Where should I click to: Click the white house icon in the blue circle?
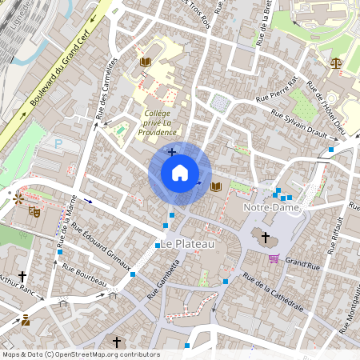tap(179, 173)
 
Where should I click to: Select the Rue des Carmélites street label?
tap(106, 88)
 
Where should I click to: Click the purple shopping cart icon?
tap(274, 258)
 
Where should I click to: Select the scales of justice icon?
tap(334, 60)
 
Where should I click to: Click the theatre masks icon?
tap(34, 212)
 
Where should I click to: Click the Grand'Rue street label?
tap(302, 262)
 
